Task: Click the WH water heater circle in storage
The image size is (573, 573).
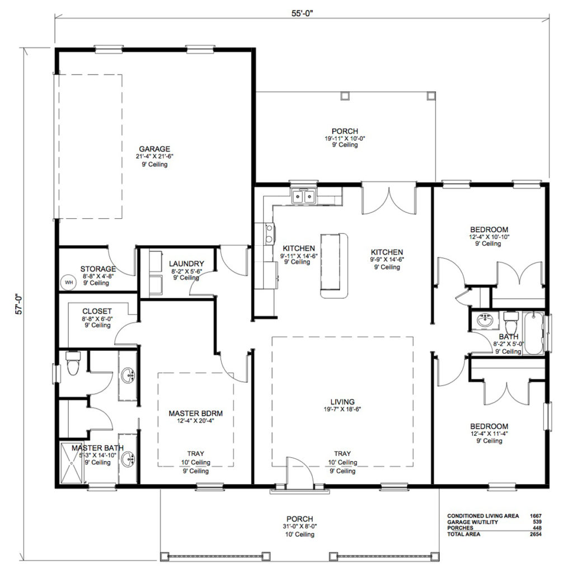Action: click(69, 283)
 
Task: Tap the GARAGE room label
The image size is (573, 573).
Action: click(154, 148)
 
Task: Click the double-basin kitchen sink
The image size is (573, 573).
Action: click(304, 196)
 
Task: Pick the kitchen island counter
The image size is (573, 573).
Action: click(334, 266)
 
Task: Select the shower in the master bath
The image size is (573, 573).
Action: click(73, 464)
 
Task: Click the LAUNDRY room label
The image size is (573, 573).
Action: click(186, 264)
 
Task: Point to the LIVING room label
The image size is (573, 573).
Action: click(342, 402)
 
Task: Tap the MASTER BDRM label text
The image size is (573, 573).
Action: click(196, 414)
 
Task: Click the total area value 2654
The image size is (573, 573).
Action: click(534, 535)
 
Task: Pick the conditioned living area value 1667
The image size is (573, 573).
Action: click(534, 515)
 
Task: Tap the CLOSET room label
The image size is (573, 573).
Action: click(97, 311)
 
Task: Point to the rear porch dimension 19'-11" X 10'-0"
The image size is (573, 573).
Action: click(345, 138)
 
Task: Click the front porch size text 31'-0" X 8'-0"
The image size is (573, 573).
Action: click(299, 527)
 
